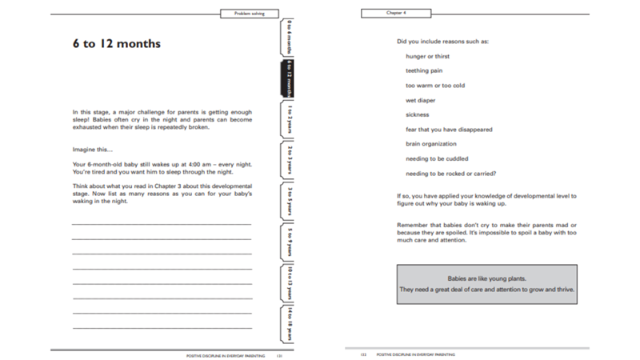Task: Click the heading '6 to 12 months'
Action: pos(115,44)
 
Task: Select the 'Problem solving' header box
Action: pos(249,14)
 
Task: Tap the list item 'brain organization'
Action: pos(431,144)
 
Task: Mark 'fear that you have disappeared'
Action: pos(446,130)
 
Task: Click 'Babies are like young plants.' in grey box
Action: pos(486,277)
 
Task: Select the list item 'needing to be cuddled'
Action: pos(437,158)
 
